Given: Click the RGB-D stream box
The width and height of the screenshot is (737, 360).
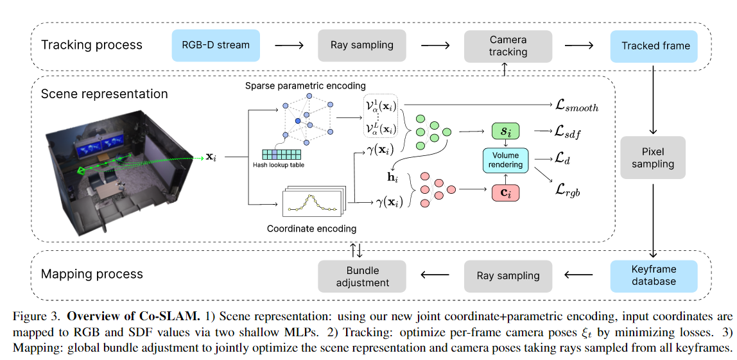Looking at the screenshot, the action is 216,45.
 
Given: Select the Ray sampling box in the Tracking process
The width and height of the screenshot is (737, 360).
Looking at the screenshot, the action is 361,45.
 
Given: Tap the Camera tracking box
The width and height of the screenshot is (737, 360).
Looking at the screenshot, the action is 508,46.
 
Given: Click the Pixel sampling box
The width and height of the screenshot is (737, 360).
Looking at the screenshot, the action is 653,158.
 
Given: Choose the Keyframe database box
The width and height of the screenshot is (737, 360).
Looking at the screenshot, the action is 654,275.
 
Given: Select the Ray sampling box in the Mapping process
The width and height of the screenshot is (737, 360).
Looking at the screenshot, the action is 508,275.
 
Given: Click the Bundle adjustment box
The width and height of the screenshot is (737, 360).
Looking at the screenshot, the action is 362,277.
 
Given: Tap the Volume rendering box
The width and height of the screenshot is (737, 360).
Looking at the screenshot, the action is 505,160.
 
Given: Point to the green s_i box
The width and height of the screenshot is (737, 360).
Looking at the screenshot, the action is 506,131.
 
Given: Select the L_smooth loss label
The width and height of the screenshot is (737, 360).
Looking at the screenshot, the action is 577,107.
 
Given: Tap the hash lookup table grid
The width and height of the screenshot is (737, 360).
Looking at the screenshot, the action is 282,154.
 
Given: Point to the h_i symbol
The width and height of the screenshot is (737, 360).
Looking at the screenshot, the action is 392,178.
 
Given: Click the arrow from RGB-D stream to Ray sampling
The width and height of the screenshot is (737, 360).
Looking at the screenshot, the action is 289,45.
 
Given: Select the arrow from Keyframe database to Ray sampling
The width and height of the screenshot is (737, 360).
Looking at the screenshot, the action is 580,275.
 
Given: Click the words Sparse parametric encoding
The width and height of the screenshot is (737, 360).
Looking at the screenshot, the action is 305,85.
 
